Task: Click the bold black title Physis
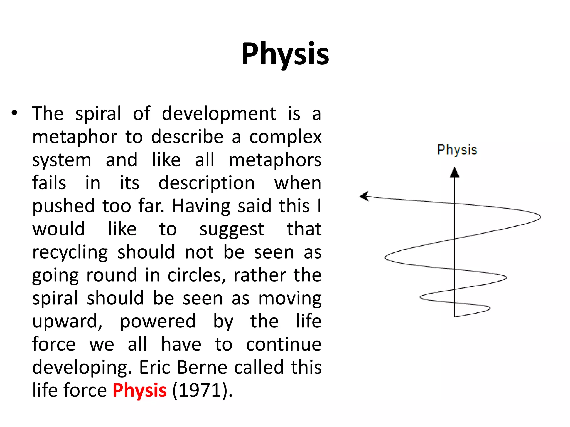point(285,54)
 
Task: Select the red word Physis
point(139,390)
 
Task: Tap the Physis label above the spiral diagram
point(457,150)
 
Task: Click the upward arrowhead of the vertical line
point(454,172)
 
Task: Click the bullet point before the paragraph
point(14,113)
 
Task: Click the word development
point(219,114)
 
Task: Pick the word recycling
point(70,252)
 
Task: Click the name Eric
point(155,367)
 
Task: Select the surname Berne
point(202,367)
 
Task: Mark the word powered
point(158,321)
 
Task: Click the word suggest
point(232,229)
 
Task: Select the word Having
point(201,206)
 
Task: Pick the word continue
point(284,344)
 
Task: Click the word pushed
point(63,206)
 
